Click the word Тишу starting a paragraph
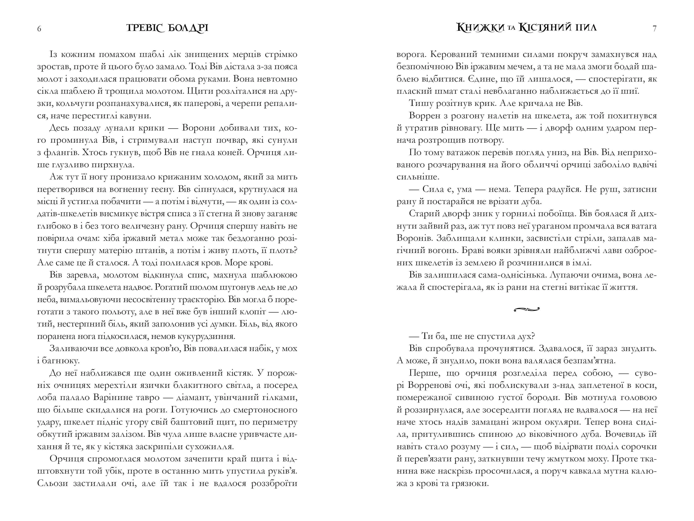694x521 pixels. [421, 104]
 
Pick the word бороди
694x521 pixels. [542, 398]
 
